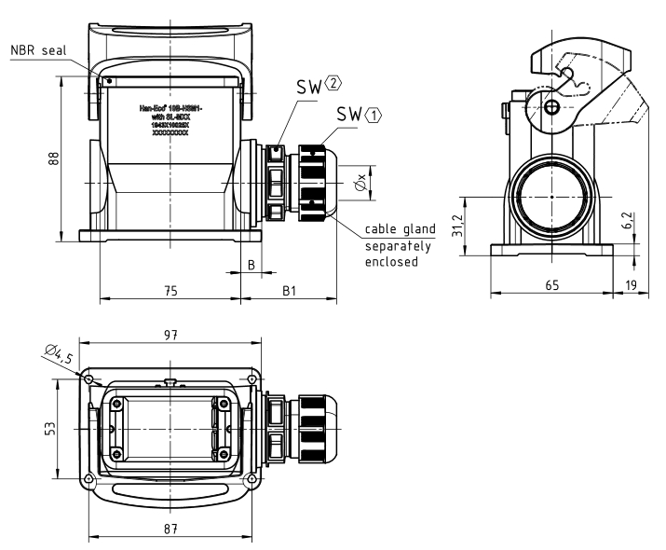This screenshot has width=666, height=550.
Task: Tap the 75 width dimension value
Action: pyautogui.click(x=170, y=290)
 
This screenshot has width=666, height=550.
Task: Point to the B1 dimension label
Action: pyautogui.click(x=289, y=290)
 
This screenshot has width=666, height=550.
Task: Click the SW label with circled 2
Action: pyautogui.click(x=317, y=87)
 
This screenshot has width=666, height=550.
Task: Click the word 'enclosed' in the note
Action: pyautogui.click(x=388, y=262)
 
